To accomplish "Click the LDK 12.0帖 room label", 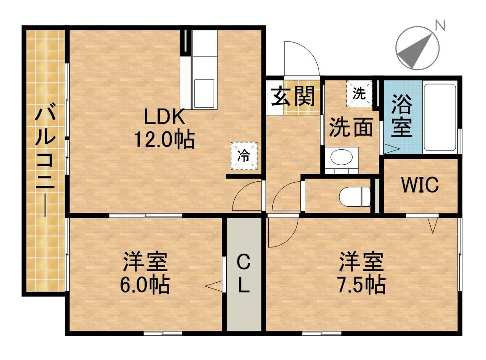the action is coord(164,128).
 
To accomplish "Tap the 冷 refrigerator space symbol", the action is coord(244,156).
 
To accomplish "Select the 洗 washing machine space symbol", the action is coord(359,93).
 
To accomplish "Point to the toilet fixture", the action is coord(355,196).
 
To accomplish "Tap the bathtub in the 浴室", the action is coord(440,117).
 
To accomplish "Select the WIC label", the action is coord(420,184).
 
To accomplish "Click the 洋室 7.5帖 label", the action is coord(361,273).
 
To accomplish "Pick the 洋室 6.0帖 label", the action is coord(145,273).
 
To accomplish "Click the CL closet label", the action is coord(244,273).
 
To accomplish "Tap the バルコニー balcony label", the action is coord(45,161).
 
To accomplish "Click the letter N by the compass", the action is coord(440,25).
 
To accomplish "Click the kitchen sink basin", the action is coord(204,94).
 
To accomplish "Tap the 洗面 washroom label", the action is coord(350,127).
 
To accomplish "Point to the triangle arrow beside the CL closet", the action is coord(214,286).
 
